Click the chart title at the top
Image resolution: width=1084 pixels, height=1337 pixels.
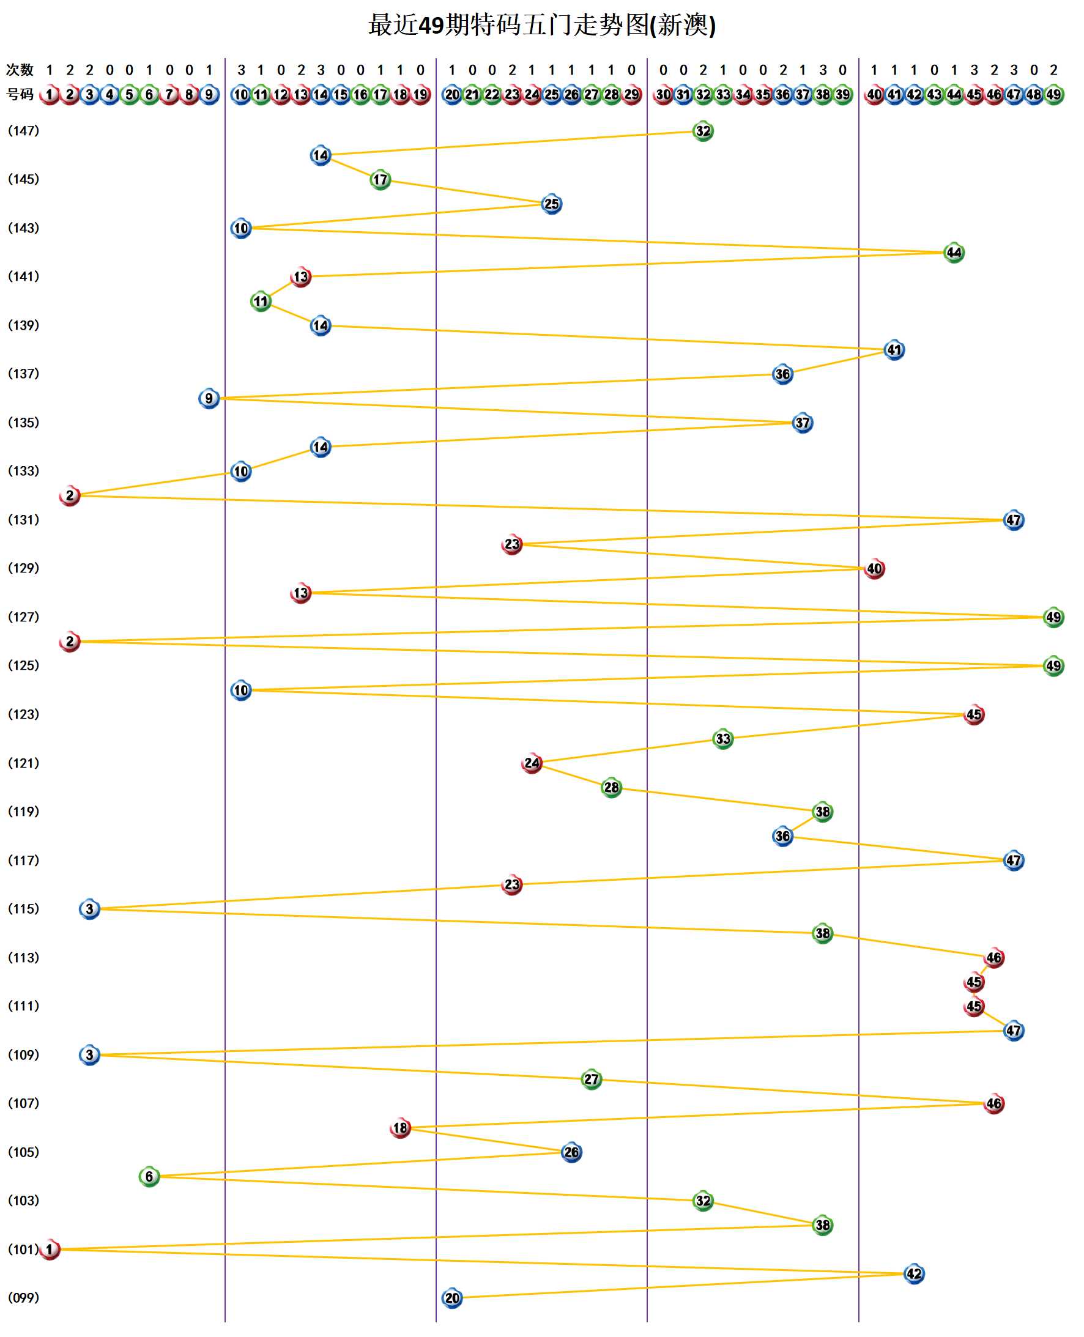(541, 26)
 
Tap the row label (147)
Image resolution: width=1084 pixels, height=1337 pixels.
(23, 130)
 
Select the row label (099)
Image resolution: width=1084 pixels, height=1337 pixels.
(23, 1297)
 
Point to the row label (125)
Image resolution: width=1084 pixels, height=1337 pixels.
(23, 665)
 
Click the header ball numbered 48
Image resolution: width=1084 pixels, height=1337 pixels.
(1033, 94)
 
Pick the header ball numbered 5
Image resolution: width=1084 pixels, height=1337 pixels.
(129, 94)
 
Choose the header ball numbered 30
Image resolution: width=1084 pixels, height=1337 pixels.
(663, 94)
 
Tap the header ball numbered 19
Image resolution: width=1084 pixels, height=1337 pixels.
(420, 94)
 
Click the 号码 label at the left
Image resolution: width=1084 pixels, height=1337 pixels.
(20, 94)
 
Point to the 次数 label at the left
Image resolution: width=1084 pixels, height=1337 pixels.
(20, 69)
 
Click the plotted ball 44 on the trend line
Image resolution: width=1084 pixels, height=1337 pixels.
(954, 252)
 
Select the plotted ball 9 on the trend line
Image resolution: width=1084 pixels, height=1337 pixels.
(209, 398)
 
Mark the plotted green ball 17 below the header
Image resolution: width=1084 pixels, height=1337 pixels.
(380, 180)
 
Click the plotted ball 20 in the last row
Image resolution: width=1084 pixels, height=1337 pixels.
(451, 1298)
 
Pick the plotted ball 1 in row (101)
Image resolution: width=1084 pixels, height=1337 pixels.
(50, 1249)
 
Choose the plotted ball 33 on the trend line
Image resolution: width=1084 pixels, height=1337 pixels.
(722, 738)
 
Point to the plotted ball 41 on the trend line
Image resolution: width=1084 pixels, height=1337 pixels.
(894, 350)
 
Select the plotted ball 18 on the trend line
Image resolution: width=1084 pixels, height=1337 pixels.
(399, 1127)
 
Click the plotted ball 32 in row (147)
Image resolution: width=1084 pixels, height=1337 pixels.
(702, 131)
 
